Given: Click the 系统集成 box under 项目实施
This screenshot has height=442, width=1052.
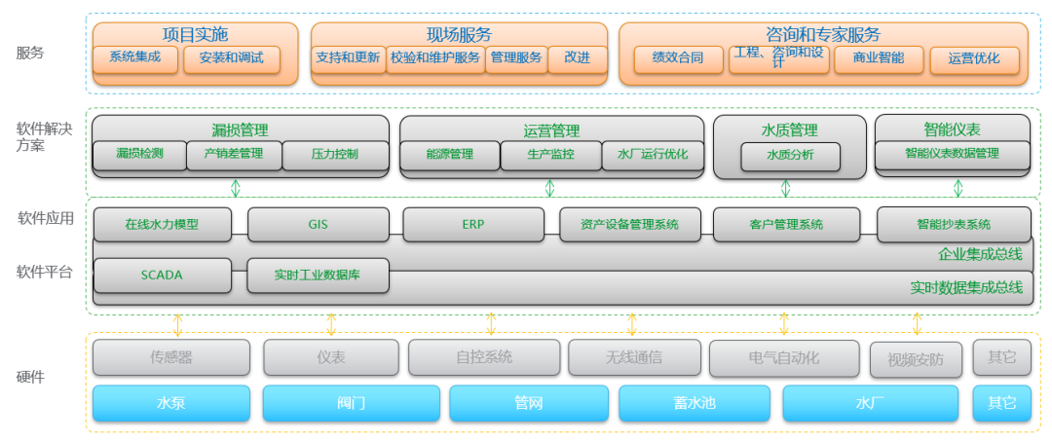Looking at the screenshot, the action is [135, 58].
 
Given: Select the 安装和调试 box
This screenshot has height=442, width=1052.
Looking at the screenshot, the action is [232, 58].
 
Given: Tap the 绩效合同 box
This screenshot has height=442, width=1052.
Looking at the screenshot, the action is [678, 59].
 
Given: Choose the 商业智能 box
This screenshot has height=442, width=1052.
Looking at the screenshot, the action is [879, 59].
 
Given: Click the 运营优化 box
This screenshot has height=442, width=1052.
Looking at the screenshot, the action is [974, 59].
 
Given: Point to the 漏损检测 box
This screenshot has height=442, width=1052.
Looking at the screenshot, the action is [139, 155].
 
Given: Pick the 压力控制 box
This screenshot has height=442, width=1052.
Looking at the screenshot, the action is [335, 155].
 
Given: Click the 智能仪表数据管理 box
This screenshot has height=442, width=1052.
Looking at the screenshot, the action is [952, 155].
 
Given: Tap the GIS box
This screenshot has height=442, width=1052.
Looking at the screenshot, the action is [318, 224].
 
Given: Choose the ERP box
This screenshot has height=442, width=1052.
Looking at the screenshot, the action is [473, 224].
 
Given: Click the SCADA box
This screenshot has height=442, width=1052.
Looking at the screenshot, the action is [162, 275].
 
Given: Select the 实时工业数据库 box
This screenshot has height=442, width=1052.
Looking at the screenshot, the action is [318, 275].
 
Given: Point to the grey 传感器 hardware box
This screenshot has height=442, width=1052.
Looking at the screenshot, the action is [171, 357].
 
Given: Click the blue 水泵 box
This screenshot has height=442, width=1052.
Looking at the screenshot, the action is [171, 403].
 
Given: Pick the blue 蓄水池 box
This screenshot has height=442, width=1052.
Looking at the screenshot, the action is [695, 403].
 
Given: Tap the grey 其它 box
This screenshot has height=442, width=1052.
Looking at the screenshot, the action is [1001, 357].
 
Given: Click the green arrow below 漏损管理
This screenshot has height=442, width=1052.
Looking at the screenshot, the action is [236, 187].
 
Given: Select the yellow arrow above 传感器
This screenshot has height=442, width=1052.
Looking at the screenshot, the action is [177, 324].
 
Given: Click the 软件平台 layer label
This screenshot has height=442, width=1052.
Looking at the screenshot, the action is [44, 273].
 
